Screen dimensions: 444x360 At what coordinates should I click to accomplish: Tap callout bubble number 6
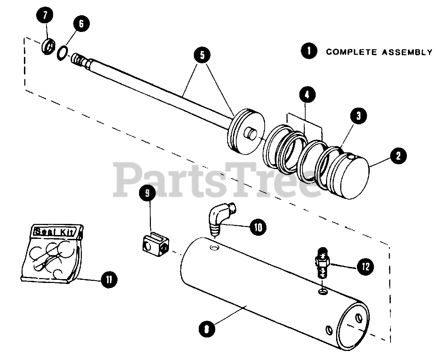(x=81, y=24)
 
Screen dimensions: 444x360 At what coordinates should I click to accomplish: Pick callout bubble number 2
(x=398, y=156)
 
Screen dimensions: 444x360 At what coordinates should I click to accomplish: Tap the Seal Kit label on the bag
(x=53, y=231)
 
